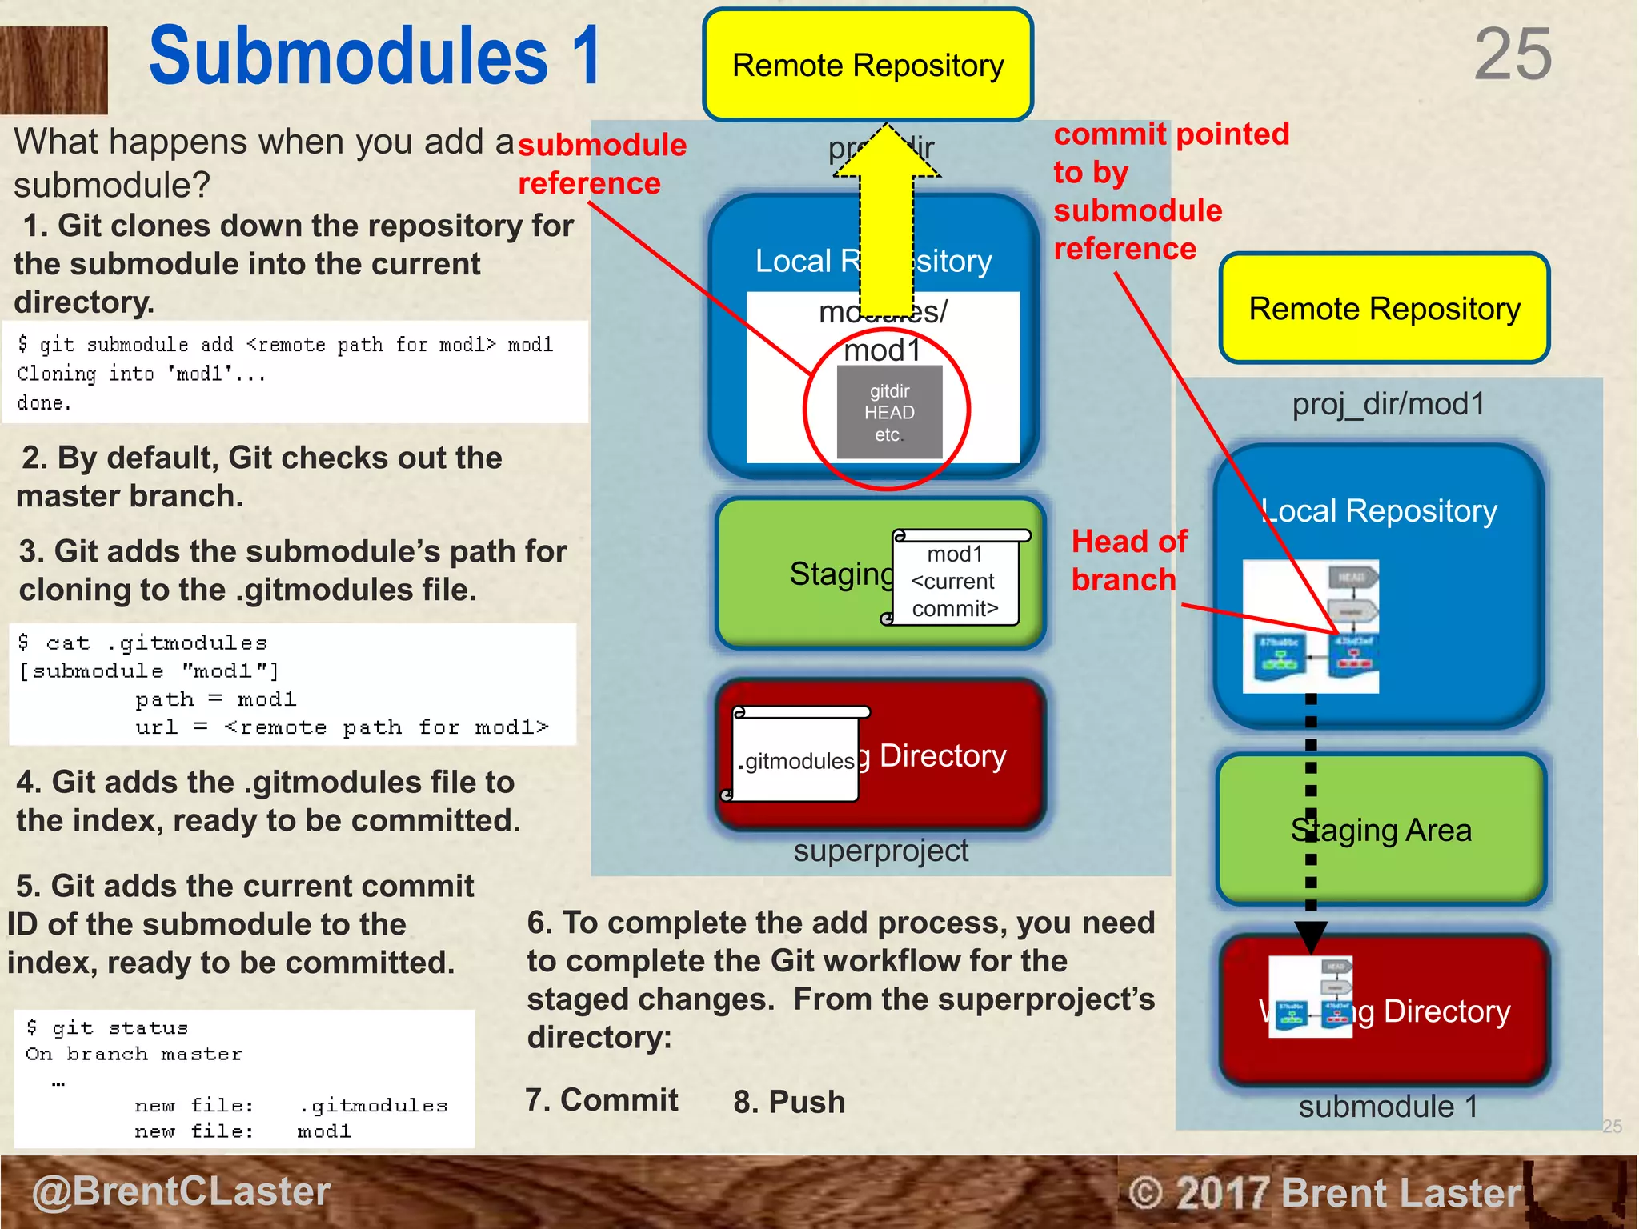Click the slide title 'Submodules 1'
pyautogui.click(x=375, y=56)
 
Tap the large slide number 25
pyautogui.click(x=1512, y=54)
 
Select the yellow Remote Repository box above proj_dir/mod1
pyautogui.click(x=1384, y=309)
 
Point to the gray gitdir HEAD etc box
pyautogui.click(x=889, y=413)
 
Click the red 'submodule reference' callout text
pyautogui.click(x=601, y=164)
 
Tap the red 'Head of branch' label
pyautogui.click(x=1128, y=560)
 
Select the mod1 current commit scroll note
pyautogui.click(x=956, y=580)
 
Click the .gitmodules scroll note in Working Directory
pyautogui.click(x=796, y=756)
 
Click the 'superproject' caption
pyautogui.click(x=880, y=851)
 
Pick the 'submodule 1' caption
pyautogui.click(x=1387, y=1107)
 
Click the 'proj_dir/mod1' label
pyautogui.click(x=1388, y=404)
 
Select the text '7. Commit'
pyautogui.click(x=601, y=1100)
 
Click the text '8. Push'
pyautogui.click(x=789, y=1102)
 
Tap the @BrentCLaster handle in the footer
pyautogui.click(x=181, y=1191)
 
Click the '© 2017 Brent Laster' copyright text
pyautogui.click(x=1324, y=1193)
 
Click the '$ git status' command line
pyautogui.click(x=108, y=1027)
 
